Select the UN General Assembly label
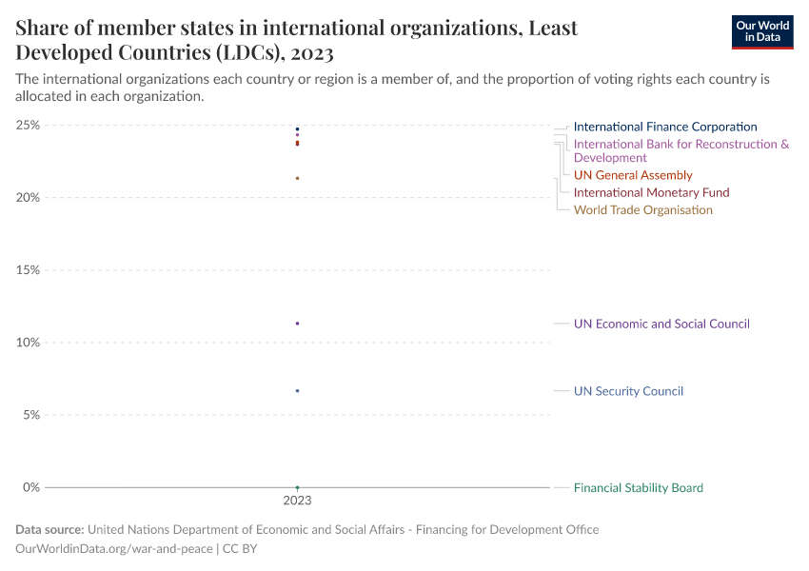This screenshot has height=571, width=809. coord(633,175)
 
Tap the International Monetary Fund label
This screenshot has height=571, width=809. coord(651,192)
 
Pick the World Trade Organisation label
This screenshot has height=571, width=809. coord(642,209)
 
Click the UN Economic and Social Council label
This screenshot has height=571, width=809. coord(661,324)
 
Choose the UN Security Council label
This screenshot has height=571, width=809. coord(628,391)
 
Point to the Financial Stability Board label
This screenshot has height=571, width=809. coord(638,488)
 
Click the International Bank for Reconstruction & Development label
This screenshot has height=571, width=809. coord(681,150)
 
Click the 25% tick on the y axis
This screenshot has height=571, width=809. coord(28,125)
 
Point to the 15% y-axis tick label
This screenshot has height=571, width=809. coord(28,270)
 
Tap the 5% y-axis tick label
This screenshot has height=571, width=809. coord(30,415)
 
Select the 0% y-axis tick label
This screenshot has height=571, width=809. coord(30,487)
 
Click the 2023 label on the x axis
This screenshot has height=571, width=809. coord(297,501)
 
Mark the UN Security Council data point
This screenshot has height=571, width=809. coord(298,391)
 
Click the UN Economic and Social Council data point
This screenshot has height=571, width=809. coord(298,324)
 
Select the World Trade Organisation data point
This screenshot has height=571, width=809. coord(298,178)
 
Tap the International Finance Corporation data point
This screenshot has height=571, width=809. coord(298,129)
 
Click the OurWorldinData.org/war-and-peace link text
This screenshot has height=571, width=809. coord(114,549)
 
